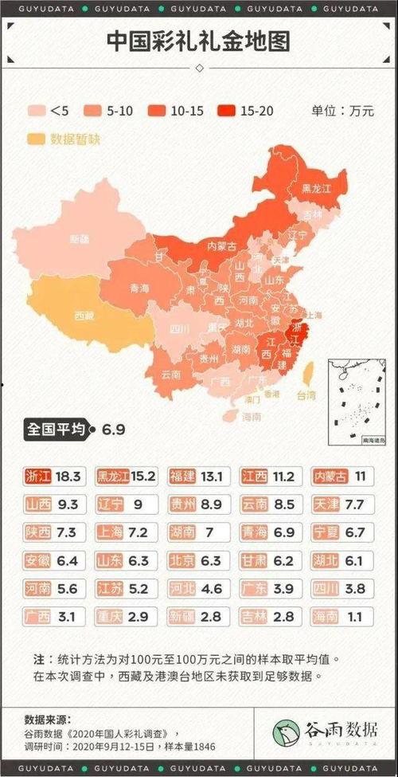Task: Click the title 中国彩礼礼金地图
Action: coord(198,41)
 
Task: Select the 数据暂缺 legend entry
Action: coord(37,139)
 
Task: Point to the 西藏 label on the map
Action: coord(84,316)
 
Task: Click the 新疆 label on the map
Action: coord(80,238)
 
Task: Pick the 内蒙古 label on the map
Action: coord(222,246)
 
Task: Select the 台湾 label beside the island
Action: coord(306,394)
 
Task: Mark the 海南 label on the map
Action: coord(252,417)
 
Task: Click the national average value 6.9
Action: coord(113,430)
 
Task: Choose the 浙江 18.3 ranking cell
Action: coord(53,477)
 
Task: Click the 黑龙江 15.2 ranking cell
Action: coord(125,477)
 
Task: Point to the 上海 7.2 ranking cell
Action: coord(125,532)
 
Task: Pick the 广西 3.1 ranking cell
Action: coord(53,616)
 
